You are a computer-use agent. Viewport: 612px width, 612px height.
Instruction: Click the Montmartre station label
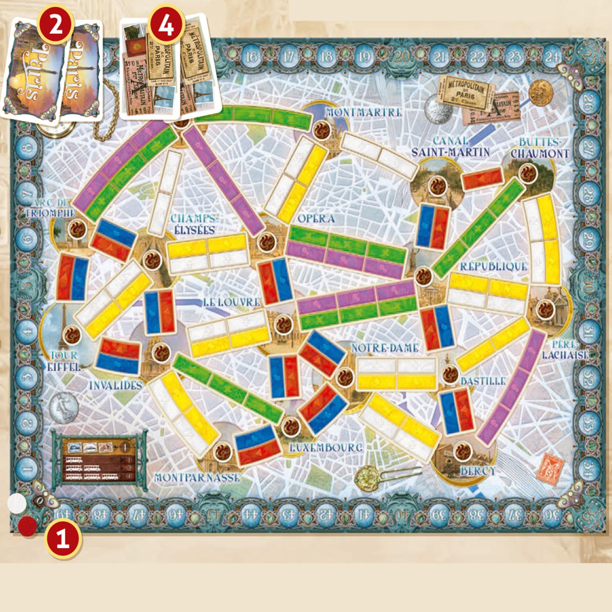pos(364,112)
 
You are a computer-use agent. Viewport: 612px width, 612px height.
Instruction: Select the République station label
pos(494,267)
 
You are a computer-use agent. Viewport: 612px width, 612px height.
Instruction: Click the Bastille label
pos(483,381)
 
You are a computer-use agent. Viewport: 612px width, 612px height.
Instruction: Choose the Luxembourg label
pos(326,447)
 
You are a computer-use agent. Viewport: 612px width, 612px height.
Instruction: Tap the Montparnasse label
pos(196,477)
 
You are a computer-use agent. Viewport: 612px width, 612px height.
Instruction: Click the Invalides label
pos(115,386)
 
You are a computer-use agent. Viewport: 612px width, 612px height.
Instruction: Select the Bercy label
pos(478,471)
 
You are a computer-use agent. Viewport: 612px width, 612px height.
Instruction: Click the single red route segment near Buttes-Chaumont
pos(483,179)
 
